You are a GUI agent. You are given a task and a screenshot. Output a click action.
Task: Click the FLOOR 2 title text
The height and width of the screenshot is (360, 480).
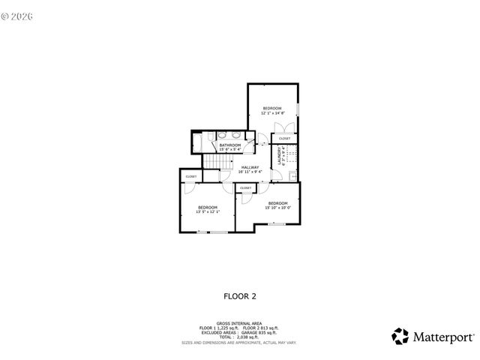(240, 295)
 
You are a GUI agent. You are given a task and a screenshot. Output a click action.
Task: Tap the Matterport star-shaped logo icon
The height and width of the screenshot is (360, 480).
(401, 336)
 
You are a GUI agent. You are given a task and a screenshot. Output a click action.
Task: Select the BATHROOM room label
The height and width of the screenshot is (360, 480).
(224, 145)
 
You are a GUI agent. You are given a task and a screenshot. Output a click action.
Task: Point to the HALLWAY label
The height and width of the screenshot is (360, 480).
(250, 167)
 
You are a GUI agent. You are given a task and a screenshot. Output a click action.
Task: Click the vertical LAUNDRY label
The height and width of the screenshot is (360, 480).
(280, 157)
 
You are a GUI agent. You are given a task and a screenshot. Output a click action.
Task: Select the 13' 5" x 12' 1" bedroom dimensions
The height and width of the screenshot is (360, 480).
(208, 211)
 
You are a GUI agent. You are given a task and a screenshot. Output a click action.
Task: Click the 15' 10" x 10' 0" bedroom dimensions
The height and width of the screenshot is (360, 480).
(277, 208)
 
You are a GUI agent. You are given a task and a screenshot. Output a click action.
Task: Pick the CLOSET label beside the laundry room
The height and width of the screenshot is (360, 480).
(284, 138)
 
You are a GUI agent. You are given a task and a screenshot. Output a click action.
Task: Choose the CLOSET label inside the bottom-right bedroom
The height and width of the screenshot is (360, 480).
(245, 187)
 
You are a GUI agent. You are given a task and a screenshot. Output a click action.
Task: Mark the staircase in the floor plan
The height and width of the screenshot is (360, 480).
(216, 163)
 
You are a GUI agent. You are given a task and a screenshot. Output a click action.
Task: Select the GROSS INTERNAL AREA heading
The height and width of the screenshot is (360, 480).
(239, 323)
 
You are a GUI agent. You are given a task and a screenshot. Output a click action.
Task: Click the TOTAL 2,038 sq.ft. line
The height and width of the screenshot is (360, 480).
(239, 337)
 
